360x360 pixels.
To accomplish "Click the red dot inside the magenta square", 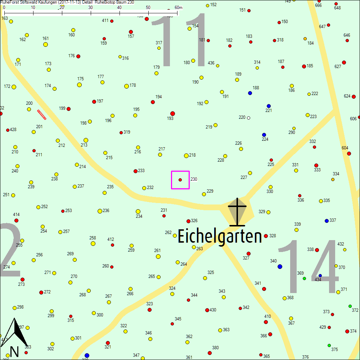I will (180, 180).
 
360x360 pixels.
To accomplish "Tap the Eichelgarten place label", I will (220, 237).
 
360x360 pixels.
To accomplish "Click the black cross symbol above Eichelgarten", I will (237, 212).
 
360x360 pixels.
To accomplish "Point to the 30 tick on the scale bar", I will (91, 13).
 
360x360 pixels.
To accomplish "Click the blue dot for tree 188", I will (250, 93).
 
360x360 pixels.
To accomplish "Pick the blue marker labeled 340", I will (280, 266).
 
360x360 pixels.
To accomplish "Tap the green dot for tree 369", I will (304, 278).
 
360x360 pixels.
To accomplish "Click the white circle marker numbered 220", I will (248, 118).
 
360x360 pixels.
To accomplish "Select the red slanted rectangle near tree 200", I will (42, 114).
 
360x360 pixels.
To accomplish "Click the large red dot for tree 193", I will (172, 113).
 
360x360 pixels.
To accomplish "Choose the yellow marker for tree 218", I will (186, 156).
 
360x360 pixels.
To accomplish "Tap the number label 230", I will (194, 179).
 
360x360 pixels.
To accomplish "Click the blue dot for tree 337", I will (327, 220).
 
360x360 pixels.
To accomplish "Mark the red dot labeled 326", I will (188, 221).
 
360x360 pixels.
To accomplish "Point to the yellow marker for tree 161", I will (45, 44).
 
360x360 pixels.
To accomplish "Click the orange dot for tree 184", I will (305, 39).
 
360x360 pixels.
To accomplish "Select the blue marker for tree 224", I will (264, 135).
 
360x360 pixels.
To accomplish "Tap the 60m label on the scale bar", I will (179, 8).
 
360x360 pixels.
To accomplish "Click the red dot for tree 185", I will (304, 66).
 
